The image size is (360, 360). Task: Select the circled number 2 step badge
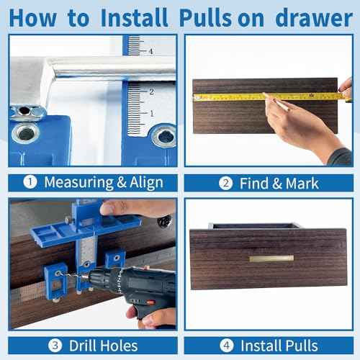225,183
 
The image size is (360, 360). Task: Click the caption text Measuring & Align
103,182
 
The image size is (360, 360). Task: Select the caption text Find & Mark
279,183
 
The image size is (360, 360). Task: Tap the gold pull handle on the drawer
271,258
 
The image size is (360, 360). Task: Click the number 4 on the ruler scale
151,52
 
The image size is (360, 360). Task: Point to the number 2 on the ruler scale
151,91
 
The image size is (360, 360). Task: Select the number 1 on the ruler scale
151,113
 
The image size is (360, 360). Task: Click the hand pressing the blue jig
137,209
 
